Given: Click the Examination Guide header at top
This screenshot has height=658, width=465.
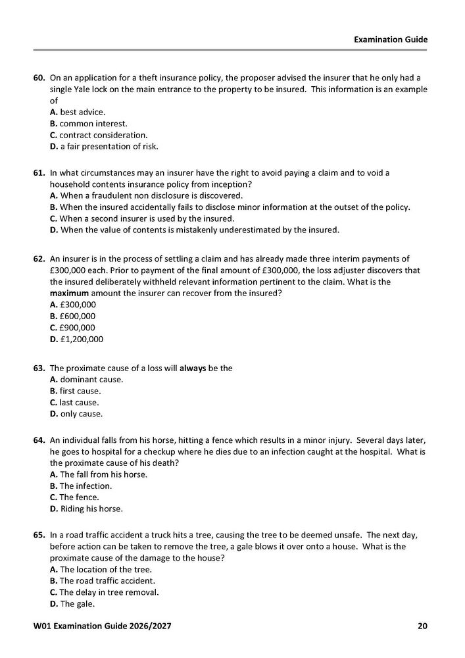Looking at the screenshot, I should pyautogui.click(x=390, y=39).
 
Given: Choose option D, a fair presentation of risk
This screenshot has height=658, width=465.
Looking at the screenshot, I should pyautogui.click(x=104, y=145).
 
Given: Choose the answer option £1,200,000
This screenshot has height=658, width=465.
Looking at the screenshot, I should pyautogui.click(x=76, y=339).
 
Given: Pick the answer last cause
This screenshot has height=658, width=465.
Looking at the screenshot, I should pyautogui.click(x=75, y=402).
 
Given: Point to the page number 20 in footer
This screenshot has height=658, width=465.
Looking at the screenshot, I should pyautogui.click(x=422, y=625).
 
